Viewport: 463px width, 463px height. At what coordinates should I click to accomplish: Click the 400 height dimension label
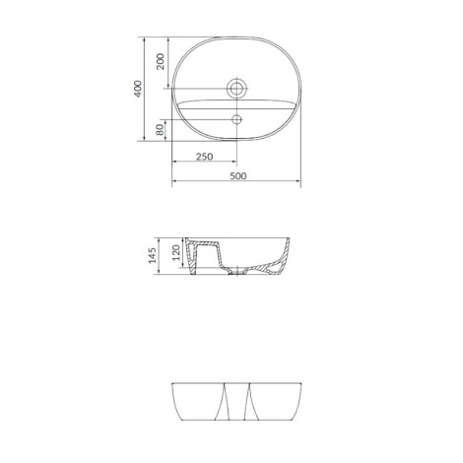pos(138,89)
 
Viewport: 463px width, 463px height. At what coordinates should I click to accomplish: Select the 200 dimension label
pos(161,61)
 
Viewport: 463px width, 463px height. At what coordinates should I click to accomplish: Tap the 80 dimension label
pos(160,130)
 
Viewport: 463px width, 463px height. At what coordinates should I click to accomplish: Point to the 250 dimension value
pos(204,157)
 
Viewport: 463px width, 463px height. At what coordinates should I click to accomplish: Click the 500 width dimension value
pos(238,176)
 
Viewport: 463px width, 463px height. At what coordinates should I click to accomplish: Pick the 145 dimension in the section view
pos(152,255)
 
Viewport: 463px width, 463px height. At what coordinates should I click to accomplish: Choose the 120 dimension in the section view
pos(176,252)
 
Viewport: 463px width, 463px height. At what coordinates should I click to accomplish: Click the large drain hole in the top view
pos(236,89)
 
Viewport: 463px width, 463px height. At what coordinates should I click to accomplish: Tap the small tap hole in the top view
pos(236,119)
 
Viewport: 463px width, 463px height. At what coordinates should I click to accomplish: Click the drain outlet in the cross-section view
pos(237,272)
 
